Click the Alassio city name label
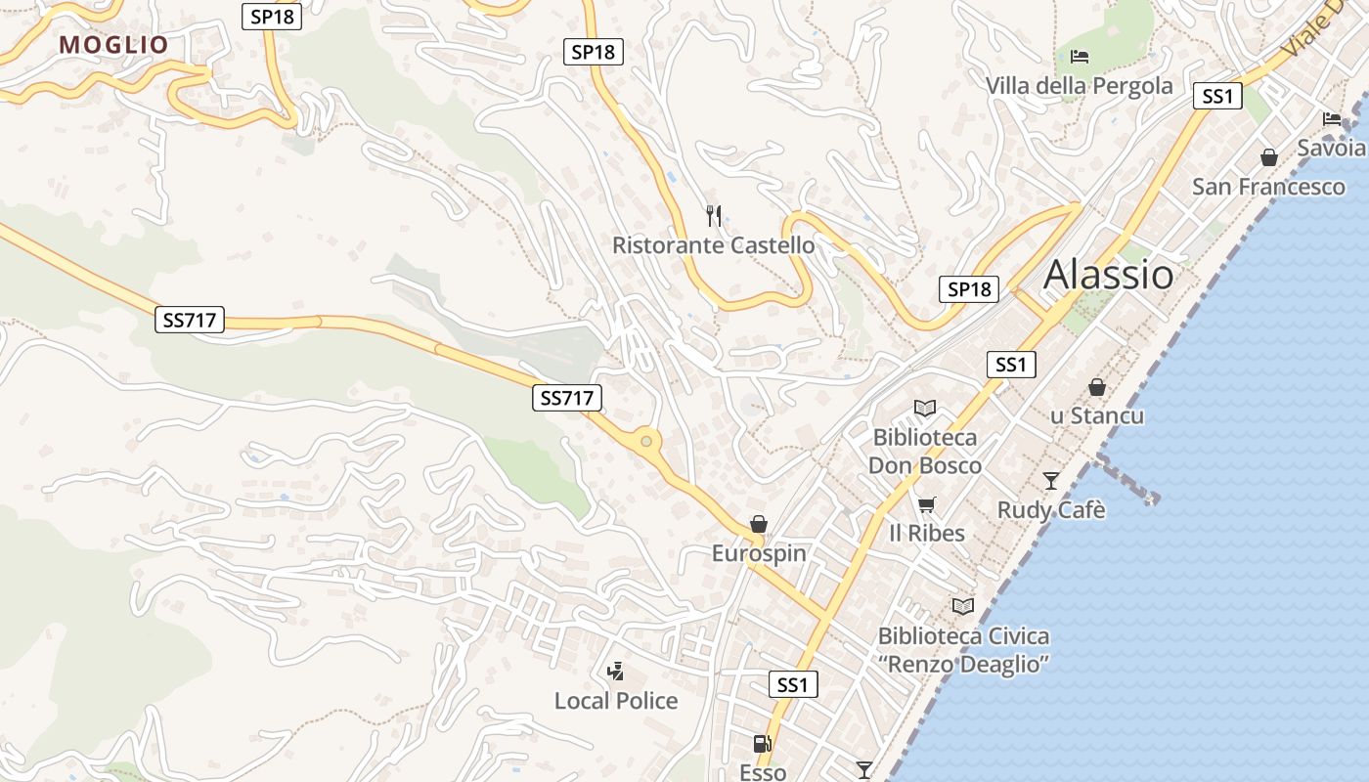pyautogui.click(x=1108, y=275)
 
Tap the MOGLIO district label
pyautogui.click(x=113, y=45)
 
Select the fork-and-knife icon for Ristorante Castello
pyautogui.click(x=714, y=216)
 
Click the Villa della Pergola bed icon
pyautogui.click(x=1080, y=57)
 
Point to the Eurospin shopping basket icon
pyautogui.click(x=758, y=525)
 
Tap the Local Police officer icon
pyautogui.click(x=615, y=672)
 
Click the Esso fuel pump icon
pyautogui.click(x=762, y=745)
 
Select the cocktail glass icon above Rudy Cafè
pyautogui.click(x=1050, y=480)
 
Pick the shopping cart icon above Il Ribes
pyautogui.click(x=926, y=504)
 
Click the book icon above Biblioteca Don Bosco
pyautogui.click(x=924, y=408)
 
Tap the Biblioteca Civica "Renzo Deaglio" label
pyautogui.click(x=963, y=650)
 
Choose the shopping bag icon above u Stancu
pyautogui.click(x=1097, y=387)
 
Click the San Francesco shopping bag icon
pyautogui.click(x=1268, y=157)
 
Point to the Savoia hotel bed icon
pyautogui.click(x=1332, y=119)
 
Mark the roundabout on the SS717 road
pyautogui.click(x=645, y=442)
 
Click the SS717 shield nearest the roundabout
pyautogui.click(x=567, y=398)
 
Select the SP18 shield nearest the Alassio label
pyautogui.click(x=969, y=289)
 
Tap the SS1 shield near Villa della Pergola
pyautogui.click(x=1217, y=96)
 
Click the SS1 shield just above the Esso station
pyautogui.click(x=792, y=684)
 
